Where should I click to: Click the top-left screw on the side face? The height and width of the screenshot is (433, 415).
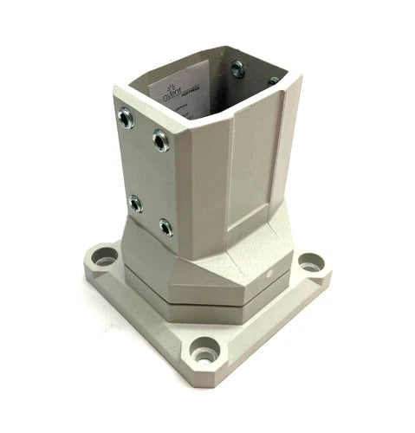pos(126,116)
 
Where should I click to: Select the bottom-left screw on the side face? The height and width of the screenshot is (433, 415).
pos(135,203)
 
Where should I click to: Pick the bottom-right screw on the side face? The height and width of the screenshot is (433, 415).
pos(165,228)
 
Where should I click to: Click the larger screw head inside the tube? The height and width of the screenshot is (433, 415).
pos(237,70)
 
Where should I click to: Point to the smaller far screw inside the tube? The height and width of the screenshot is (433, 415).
pos(273,81)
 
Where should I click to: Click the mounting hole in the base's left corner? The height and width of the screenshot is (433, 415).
pos(104,257)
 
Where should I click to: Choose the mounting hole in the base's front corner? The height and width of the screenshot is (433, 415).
pos(204,352)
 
